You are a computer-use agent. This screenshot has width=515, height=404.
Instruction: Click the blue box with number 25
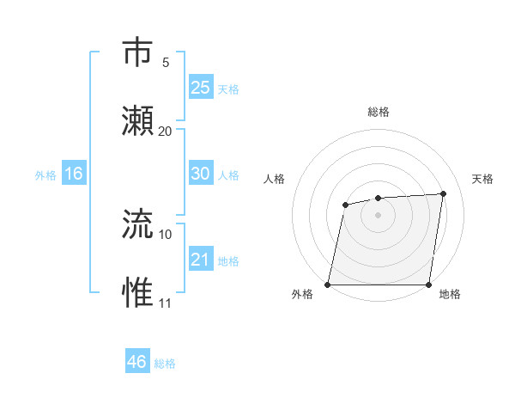click(x=201, y=87)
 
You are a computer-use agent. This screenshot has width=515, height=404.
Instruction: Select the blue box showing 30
click(x=201, y=174)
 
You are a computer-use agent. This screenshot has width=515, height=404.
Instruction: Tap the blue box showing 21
click(x=201, y=259)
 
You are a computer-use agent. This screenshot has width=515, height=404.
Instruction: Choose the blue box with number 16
click(x=74, y=174)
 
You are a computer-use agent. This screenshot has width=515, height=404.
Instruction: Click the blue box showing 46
click(x=137, y=362)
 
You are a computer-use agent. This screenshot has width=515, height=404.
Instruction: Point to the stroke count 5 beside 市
click(x=166, y=62)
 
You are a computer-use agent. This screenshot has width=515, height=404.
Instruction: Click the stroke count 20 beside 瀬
click(x=166, y=131)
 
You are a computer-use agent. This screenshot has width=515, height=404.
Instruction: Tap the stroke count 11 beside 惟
click(x=166, y=303)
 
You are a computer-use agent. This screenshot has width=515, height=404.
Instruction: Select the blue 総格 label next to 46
click(x=165, y=364)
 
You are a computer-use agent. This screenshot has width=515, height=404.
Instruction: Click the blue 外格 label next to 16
click(x=45, y=175)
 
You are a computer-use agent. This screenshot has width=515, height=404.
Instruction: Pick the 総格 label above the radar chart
click(x=379, y=112)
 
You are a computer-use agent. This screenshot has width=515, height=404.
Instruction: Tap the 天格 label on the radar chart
click(x=482, y=179)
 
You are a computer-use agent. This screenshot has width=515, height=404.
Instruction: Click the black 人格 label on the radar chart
click(x=274, y=179)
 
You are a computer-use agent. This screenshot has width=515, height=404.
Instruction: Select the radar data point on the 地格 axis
click(x=429, y=285)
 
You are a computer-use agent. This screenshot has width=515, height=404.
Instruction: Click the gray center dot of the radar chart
click(x=378, y=214)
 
